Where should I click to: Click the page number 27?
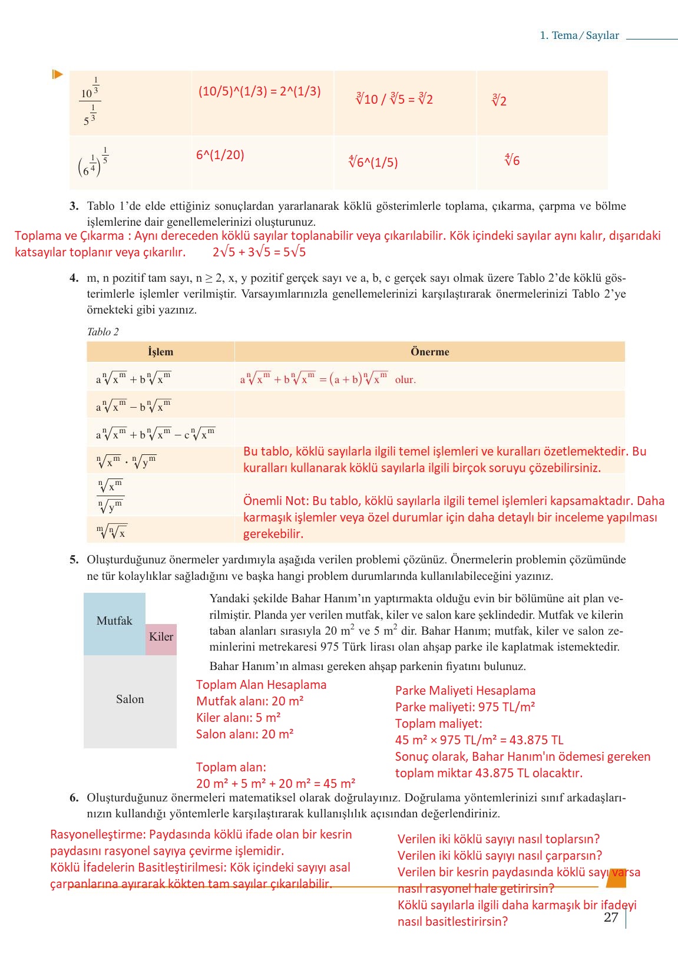pyautogui.click(x=611, y=918)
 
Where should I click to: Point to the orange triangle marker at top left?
pyautogui.click(x=57, y=74)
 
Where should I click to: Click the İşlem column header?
pyautogui.click(x=160, y=352)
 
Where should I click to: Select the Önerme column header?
pyautogui.click(x=429, y=352)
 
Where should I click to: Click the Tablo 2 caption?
pyautogui.click(x=102, y=332)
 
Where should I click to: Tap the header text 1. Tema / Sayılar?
pyautogui.click(x=579, y=35)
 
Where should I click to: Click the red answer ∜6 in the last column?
pyautogui.click(x=512, y=160)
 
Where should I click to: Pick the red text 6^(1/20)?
pyautogui.click(x=220, y=155)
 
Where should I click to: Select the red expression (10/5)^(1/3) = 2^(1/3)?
pyautogui.click(x=259, y=91)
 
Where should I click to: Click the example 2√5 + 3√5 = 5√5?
pyautogui.click(x=259, y=252)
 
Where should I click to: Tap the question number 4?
pyautogui.click(x=74, y=278)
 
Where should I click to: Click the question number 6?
pyautogui.click(x=74, y=798)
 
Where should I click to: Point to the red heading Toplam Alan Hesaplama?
pyautogui.click(x=261, y=685)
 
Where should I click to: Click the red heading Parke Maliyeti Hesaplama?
pyautogui.click(x=465, y=691)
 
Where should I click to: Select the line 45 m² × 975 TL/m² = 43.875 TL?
pyautogui.click(x=479, y=740)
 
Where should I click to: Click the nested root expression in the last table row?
pyautogui.click(x=111, y=532)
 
